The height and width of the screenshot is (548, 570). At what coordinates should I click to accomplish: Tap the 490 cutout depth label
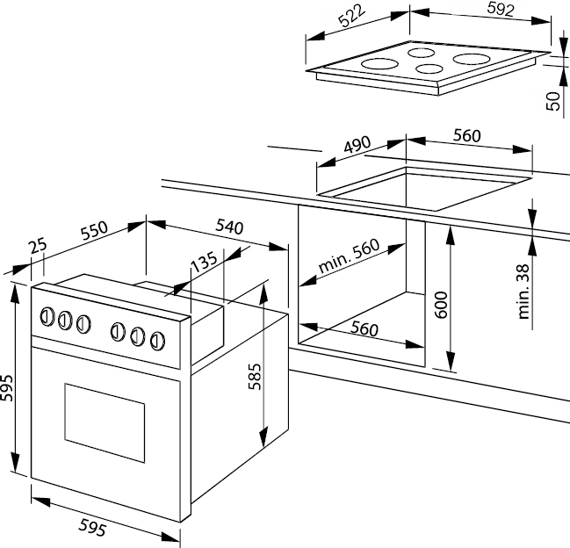[357, 147]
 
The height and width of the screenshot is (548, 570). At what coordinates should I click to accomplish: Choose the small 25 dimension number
[37, 248]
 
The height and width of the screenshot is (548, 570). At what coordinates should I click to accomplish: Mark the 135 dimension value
[203, 262]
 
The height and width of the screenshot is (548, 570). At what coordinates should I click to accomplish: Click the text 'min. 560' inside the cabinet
[349, 256]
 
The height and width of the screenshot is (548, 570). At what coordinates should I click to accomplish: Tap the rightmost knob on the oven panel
[157, 339]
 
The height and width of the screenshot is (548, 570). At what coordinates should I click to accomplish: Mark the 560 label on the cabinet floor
[363, 328]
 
